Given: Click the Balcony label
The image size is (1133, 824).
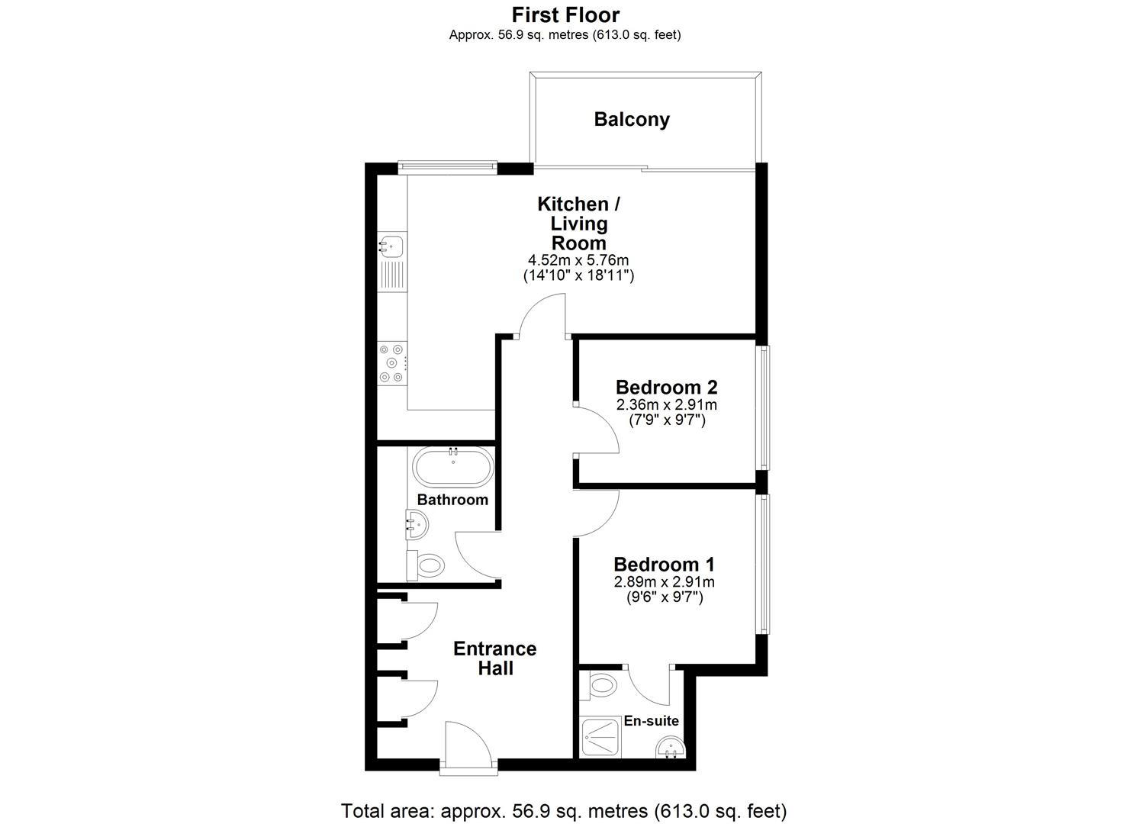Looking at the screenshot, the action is coord(632,120).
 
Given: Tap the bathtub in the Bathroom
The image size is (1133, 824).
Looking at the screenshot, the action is coord(452,467).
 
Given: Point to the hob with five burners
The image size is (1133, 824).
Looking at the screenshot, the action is coord(392,363).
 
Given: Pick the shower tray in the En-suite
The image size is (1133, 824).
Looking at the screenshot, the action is coord(600,737).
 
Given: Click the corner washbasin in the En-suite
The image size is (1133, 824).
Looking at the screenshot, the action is coord(671,748).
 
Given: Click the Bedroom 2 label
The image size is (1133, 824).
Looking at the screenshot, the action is coord(666,388).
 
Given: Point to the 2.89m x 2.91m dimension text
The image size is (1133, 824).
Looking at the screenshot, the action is coord(664,581).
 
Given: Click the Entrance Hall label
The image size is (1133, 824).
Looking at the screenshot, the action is coord(495,658).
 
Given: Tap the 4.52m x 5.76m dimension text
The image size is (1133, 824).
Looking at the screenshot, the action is coord(578,260).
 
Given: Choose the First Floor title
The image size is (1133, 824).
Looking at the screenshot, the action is coord(565,15).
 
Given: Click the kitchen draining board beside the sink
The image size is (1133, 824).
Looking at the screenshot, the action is coord(392,275).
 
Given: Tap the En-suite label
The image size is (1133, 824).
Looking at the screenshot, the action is coord(651,721).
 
